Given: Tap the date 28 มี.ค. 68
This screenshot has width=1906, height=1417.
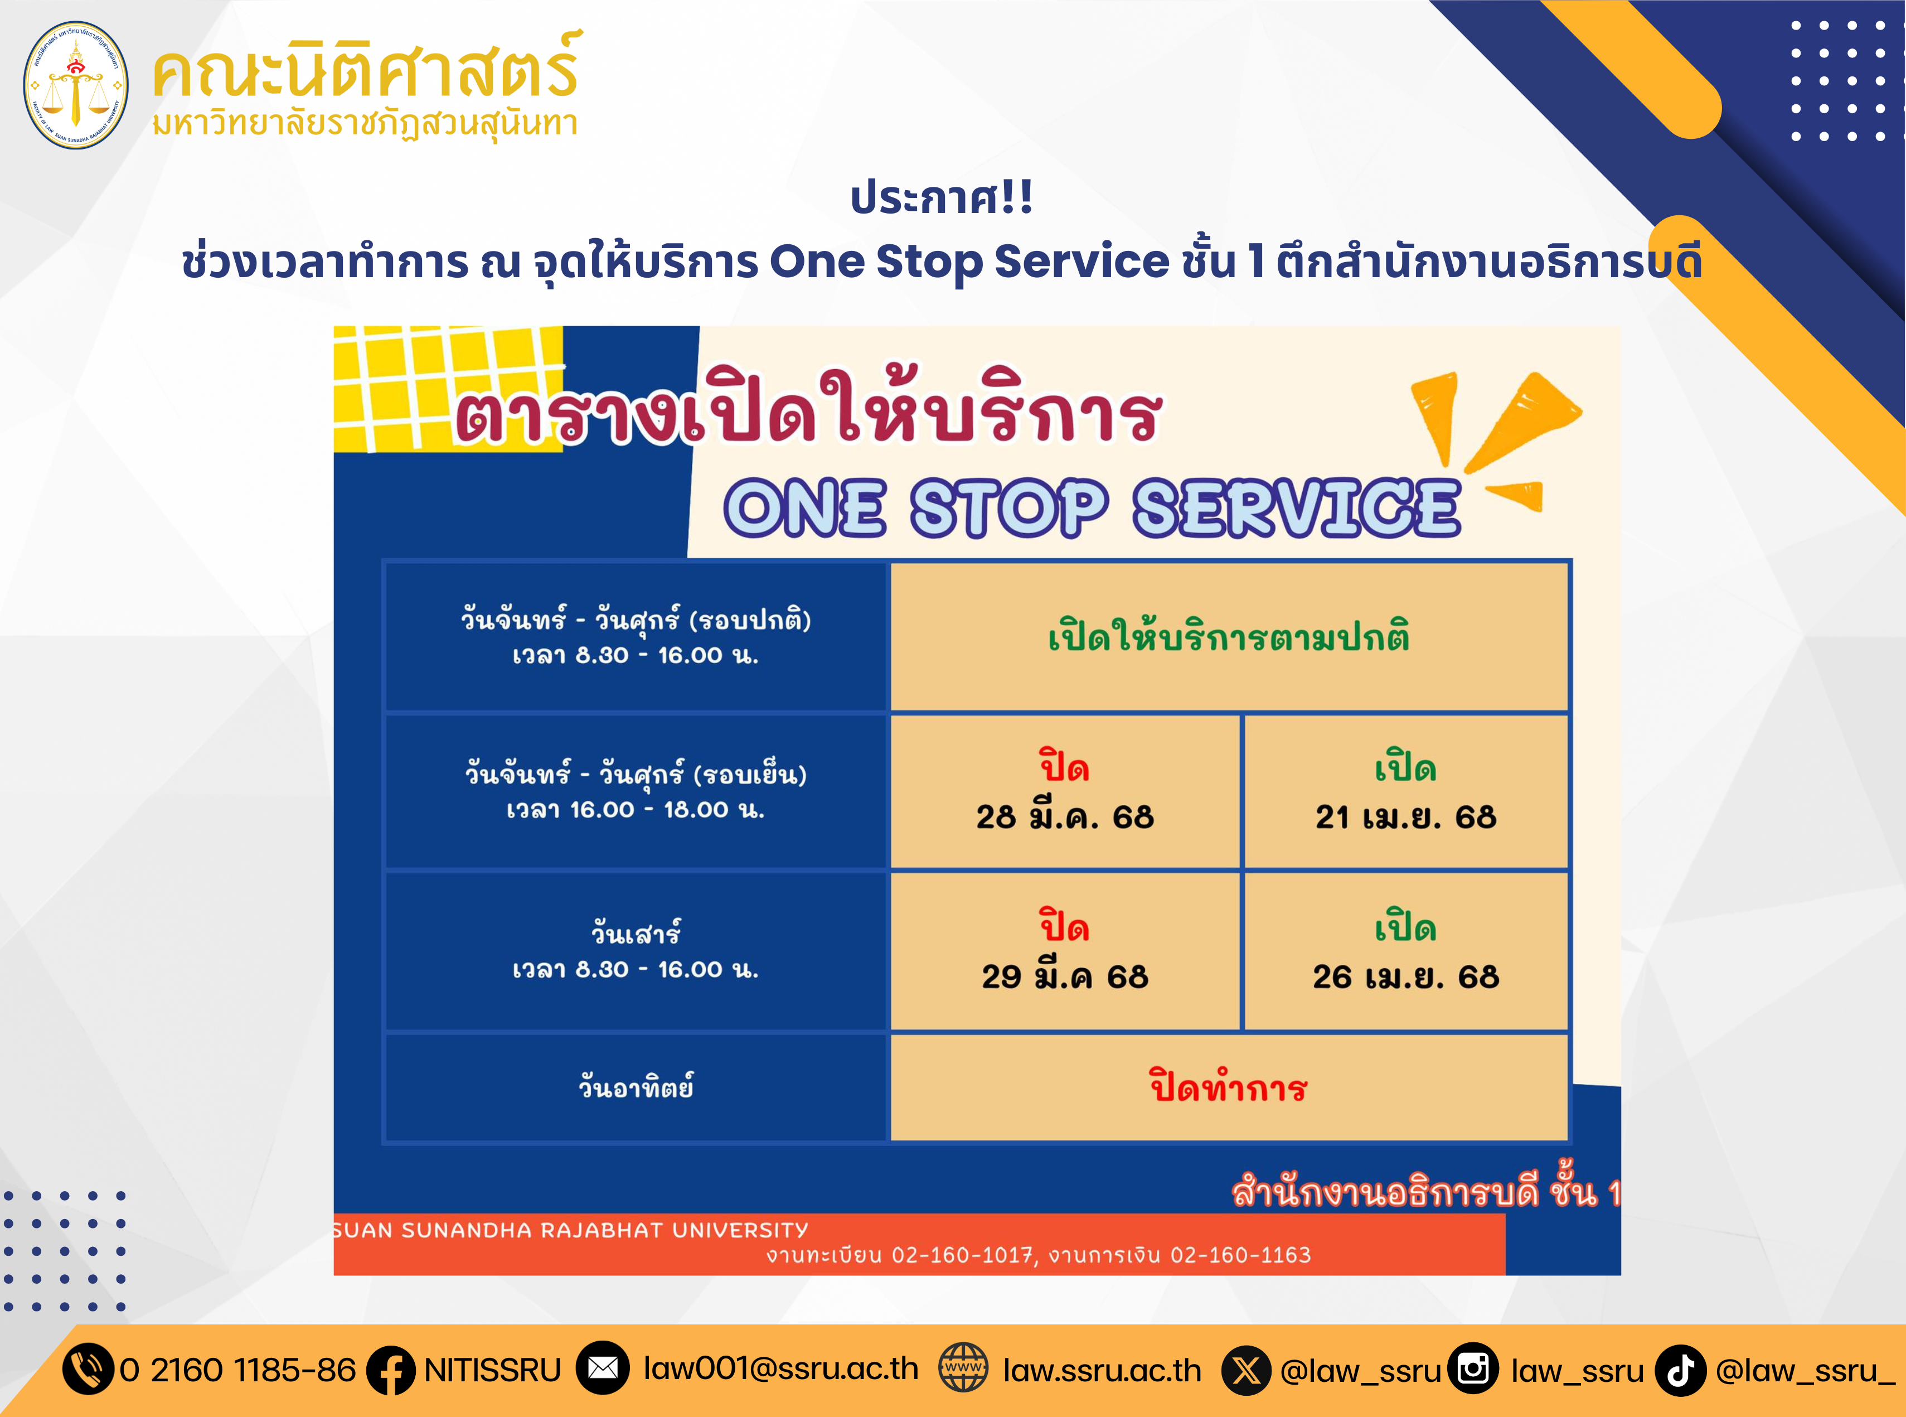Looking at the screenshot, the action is coord(1065,816).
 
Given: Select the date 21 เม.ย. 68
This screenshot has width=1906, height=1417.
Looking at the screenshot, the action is coord(1406,816).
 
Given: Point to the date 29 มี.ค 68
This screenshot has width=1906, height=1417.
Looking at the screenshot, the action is coord(1065,976).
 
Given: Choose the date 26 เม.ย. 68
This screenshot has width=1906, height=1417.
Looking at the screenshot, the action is coord(1406,976).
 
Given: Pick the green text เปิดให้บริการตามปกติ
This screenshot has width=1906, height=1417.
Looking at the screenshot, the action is coord(1229,636).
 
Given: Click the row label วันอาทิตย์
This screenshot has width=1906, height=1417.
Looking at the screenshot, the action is coord(636,1086).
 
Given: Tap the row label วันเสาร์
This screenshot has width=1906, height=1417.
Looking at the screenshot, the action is coord(636,931).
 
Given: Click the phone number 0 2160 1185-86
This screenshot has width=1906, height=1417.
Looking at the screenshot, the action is coord(237,1370).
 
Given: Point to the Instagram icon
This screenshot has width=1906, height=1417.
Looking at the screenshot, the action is coord(1473,1368).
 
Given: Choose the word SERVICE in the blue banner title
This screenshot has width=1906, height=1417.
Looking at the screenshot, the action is coord(1296,508).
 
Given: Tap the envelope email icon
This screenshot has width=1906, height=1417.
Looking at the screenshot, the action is coord(603,1368).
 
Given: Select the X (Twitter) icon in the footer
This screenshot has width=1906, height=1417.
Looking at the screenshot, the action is coord(1247,1370).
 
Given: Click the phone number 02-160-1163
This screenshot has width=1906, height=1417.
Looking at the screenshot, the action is coord(1241,1255).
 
